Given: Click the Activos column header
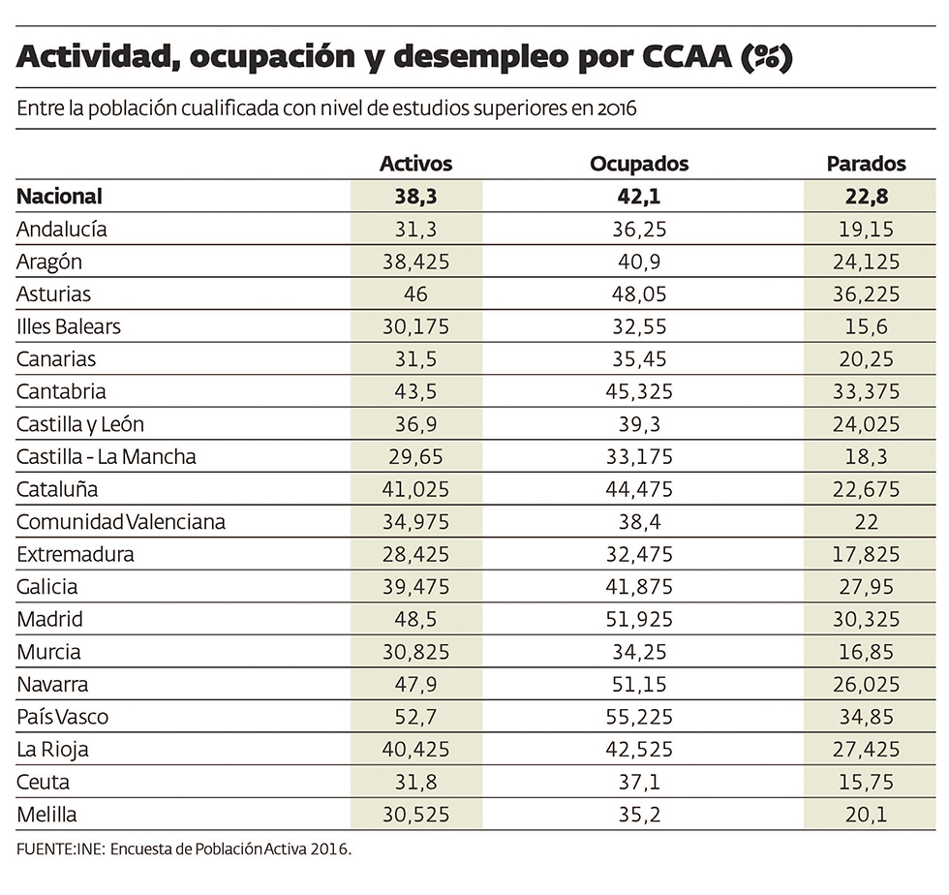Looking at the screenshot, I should point(415,164).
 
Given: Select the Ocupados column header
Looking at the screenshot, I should point(639,164).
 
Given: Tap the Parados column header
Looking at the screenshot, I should point(866,164).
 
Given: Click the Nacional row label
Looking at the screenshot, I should point(60,197).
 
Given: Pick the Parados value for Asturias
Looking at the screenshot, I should point(866,294).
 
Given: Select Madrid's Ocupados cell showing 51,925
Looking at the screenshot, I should point(639,619).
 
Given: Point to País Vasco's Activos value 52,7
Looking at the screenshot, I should point(415,717).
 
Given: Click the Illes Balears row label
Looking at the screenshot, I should point(69,326).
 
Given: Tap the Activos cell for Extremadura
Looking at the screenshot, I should point(415,554).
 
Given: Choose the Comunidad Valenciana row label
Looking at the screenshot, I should point(121,522).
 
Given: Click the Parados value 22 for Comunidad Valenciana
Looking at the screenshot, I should point(866,522).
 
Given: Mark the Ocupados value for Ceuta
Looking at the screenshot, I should point(639,782).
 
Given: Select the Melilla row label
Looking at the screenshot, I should point(46,815).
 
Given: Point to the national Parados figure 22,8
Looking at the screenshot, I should point(866,197).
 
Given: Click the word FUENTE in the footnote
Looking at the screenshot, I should point(45,849).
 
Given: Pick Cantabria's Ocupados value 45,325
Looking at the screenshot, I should point(639,391).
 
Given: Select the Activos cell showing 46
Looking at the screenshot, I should point(415,294).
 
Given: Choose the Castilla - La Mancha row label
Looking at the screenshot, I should point(107,456).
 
